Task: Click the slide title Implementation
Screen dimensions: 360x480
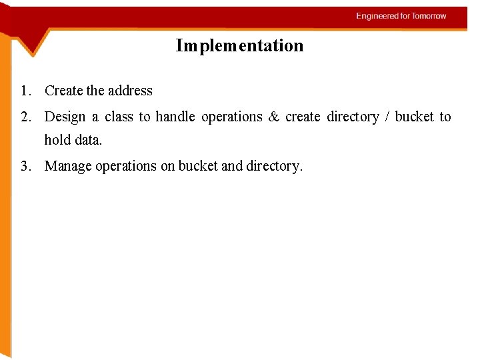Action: point(239,46)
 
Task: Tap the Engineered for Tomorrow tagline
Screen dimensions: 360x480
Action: point(401,16)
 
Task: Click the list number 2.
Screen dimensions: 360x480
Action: point(25,117)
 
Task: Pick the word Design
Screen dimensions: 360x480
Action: point(65,117)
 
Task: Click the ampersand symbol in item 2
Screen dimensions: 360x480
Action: point(273,117)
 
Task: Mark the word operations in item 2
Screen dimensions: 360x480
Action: point(232,117)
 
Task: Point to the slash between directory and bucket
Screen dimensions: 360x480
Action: point(387,117)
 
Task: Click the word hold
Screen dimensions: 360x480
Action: point(57,141)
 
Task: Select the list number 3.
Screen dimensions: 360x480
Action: point(25,167)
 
